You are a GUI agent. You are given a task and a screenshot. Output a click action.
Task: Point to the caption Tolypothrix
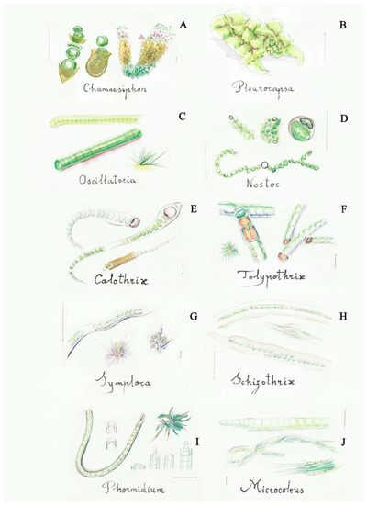click(267, 275)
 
